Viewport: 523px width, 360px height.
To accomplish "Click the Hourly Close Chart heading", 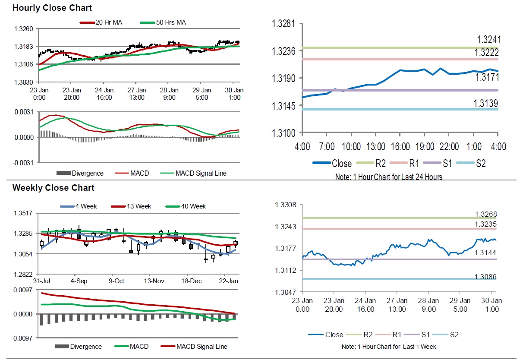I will click(52, 8).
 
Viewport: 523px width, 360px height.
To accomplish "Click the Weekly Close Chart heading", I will click(54, 188).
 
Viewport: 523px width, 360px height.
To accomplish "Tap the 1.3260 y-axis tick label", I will click(25, 29).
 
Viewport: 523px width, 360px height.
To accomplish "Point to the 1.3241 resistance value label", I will click(488, 40).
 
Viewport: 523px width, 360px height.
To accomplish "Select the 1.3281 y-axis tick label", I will click(283, 23).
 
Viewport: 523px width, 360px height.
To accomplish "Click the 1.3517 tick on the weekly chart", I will click(25, 213).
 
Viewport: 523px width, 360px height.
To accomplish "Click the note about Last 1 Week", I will click(388, 347).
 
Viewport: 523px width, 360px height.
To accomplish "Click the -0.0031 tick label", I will click(24, 163).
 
